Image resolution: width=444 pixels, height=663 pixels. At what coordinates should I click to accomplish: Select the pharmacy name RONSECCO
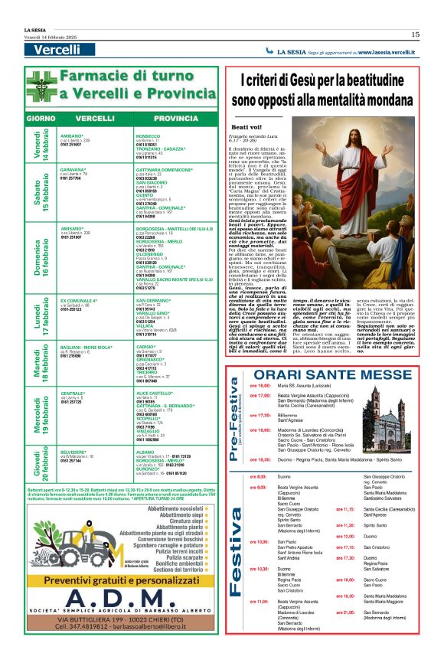pos(148,136)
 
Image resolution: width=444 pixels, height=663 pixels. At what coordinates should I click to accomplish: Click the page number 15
pos(415,34)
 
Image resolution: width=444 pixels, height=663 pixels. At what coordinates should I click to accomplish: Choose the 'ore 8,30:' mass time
pos(256,475)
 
